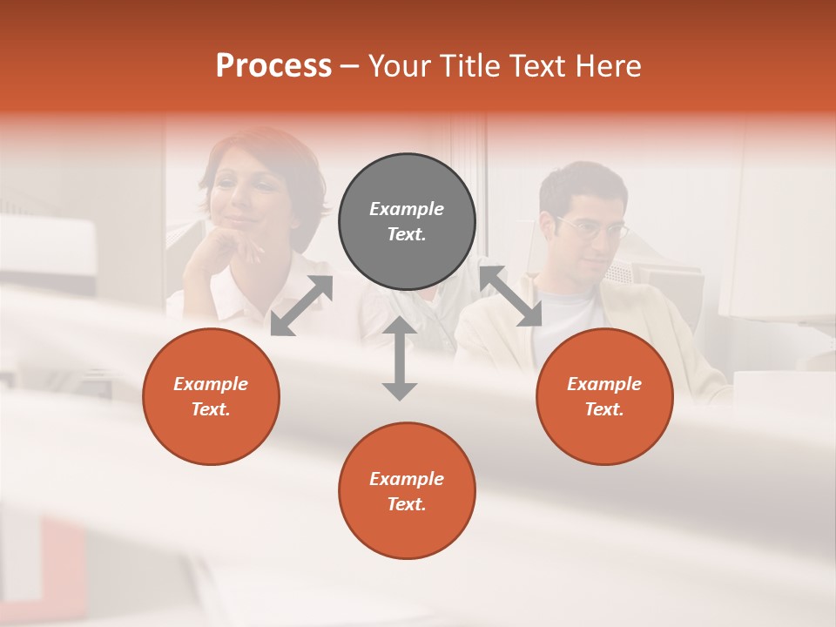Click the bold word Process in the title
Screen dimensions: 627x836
point(273,66)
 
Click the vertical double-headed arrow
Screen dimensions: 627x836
point(400,358)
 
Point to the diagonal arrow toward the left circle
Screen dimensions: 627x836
point(301,306)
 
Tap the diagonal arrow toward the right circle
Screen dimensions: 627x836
point(511,296)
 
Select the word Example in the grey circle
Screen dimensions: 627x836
point(407,209)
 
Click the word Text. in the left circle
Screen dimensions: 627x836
point(211,409)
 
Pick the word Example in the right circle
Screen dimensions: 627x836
point(604,384)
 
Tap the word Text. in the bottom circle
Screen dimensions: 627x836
point(407,504)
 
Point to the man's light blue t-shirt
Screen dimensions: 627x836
point(570,318)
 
